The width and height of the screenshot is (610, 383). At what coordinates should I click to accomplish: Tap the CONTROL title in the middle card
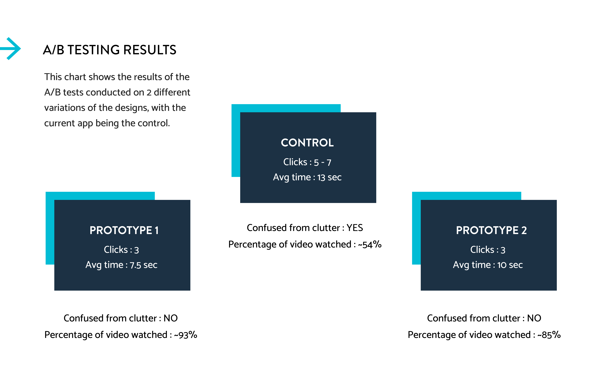click(x=307, y=143)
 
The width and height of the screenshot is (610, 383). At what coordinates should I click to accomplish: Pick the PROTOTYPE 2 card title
click(x=491, y=230)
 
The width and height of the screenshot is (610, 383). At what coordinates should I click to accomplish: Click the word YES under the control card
click(x=355, y=228)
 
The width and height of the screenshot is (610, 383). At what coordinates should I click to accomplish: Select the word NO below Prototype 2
click(x=534, y=318)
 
